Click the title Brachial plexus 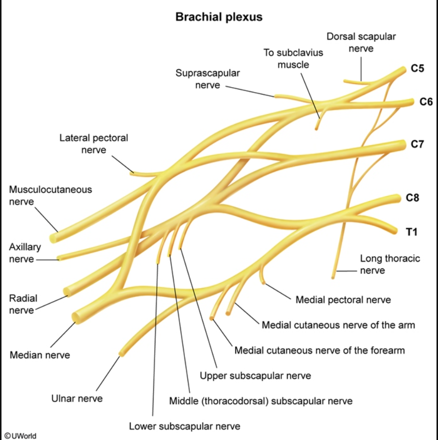(x=219, y=17)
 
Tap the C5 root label (x=418, y=69)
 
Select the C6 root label (x=426, y=102)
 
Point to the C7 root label (x=418, y=144)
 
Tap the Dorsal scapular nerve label (x=361, y=42)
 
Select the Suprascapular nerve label (x=208, y=79)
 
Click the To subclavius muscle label (x=293, y=58)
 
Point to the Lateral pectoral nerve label (x=93, y=143)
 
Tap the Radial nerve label (x=22, y=304)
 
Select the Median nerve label (x=40, y=355)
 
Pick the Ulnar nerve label (x=77, y=398)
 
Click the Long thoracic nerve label (x=390, y=264)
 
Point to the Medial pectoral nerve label (x=343, y=300)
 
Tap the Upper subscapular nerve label (x=255, y=375)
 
